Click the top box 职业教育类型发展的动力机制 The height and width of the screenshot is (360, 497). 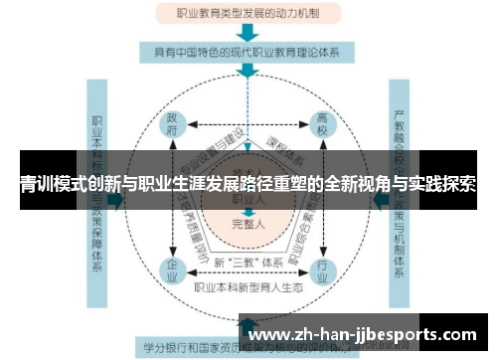(x=248, y=14)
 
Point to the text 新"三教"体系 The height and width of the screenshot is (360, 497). (x=248, y=262)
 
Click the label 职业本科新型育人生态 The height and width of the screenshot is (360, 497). (x=248, y=289)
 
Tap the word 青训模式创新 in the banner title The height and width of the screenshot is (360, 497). (x=66, y=185)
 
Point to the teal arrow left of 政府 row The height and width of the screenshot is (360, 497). (x=115, y=199)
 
